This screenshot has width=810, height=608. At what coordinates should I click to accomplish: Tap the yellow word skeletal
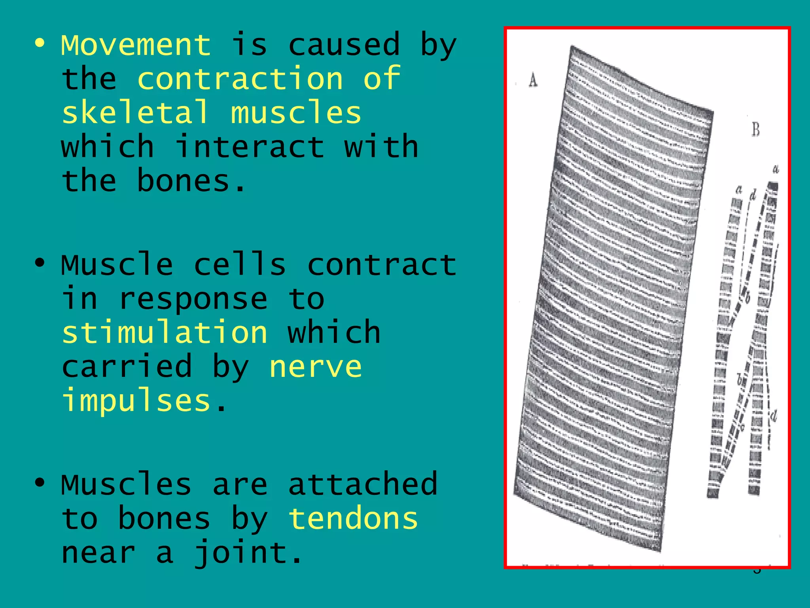tap(135, 112)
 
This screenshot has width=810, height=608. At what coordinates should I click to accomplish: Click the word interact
tap(249, 147)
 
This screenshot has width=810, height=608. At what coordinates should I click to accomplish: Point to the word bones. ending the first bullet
tap(192, 181)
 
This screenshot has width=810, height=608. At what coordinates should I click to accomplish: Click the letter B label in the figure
tap(755, 129)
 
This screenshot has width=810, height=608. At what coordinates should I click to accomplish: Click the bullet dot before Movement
tap(40, 43)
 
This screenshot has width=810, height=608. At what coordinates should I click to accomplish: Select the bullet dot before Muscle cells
tap(40, 262)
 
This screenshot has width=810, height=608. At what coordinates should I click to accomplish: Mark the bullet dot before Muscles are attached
tap(40, 482)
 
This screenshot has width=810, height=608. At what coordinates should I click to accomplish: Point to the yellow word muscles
tap(296, 112)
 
